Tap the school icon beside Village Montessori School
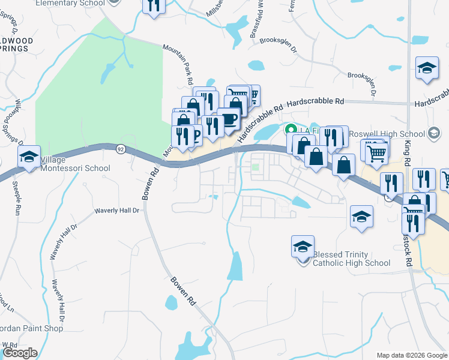coord(29,158)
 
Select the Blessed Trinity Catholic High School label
coord(351,259)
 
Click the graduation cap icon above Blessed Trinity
coord(303,247)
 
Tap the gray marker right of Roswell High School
coord(433,134)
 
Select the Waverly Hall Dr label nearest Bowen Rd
coord(118,211)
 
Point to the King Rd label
coord(408,153)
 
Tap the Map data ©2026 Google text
coord(412,355)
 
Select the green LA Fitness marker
coord(291,128)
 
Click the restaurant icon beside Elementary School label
coord(154,6)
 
